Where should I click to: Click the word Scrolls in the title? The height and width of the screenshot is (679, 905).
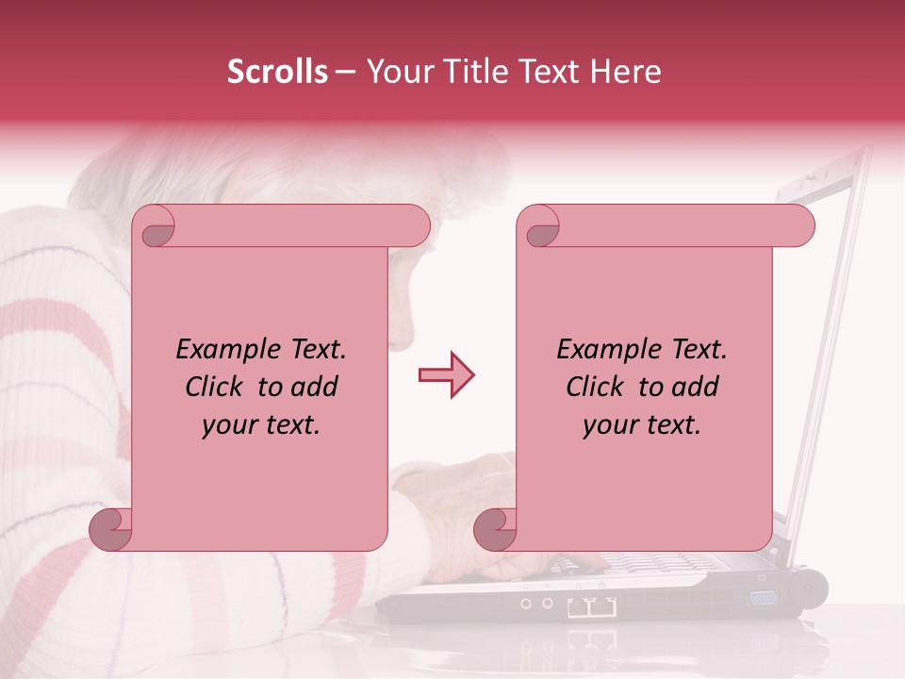pyautogui.click(x=277, y=72)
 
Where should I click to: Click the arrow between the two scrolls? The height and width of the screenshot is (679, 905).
pyautogui.click(x=446, y=376)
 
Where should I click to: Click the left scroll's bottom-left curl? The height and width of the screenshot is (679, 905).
pyautogui.click(x=109, y=528)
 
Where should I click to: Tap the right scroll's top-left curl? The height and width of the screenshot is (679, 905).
pyautogui.click(x=540, y=227)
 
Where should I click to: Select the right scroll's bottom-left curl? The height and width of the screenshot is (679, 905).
pyautogui.click(x=494, y=528)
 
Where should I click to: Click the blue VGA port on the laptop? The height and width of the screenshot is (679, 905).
pyautogui.click(x=762, y=598)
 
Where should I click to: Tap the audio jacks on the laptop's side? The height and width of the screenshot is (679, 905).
pyautogui.click(x=535, y=604)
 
